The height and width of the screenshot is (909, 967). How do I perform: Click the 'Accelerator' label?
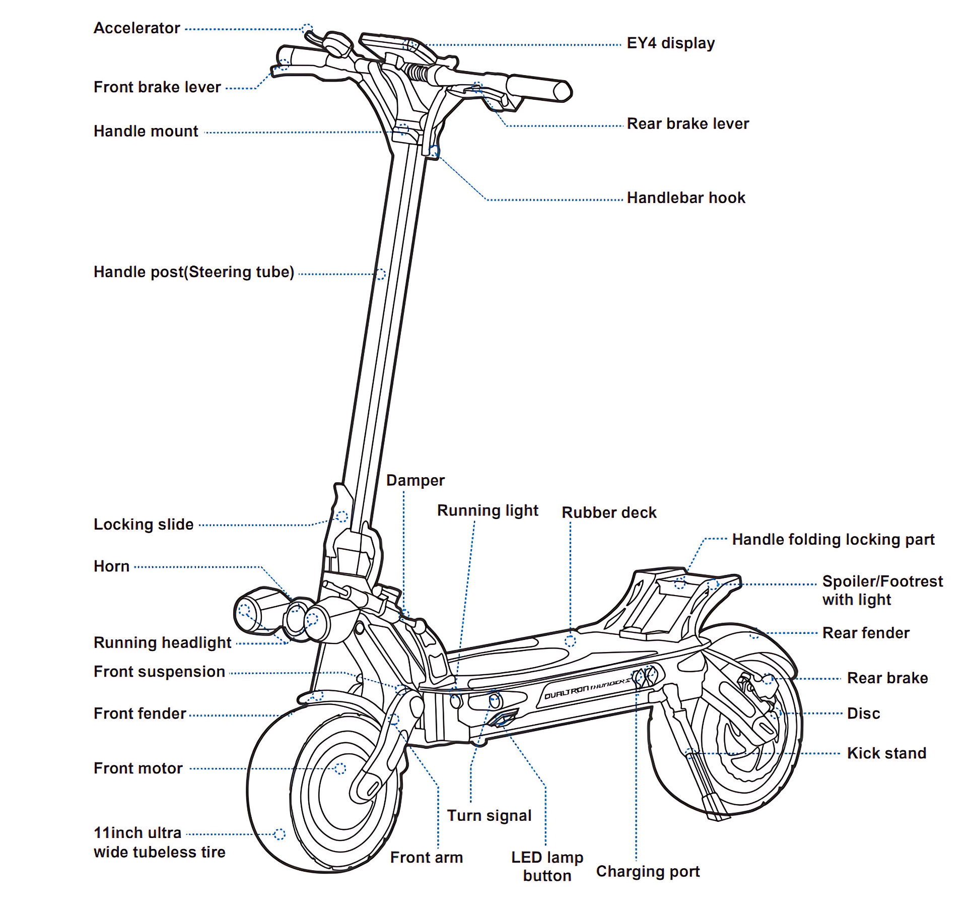(x=136, y=28)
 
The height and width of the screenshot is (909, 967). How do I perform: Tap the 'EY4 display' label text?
(x=670, y=43)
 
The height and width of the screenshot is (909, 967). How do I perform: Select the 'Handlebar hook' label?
(x=685, y=198)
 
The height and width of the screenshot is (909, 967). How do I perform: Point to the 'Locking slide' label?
(x=144, y=524)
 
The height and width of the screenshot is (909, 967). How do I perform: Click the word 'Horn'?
(x=112, y=566)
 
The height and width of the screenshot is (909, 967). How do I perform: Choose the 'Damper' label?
(x=415, y=480)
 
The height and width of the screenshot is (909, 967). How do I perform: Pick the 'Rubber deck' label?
(x=609, y=512)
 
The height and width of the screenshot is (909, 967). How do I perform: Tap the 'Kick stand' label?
(x=886, y=753)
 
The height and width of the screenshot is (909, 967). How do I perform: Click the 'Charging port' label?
(x=648, y=871)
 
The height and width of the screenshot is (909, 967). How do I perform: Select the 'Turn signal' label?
(x=489, y=815)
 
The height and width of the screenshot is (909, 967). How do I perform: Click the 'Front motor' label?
(x=138, y=768)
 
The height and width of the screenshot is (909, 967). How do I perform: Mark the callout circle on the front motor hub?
(x=340, y=768)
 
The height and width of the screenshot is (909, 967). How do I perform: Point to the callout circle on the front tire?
(x=280, y=834)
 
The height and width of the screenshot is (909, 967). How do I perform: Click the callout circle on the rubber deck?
(x=570, y=641)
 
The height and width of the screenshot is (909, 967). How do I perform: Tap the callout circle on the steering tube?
(x=381, y=274)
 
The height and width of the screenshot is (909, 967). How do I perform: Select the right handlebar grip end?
(x=563, y=91)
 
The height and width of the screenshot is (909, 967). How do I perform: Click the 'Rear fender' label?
(x=866, y=633)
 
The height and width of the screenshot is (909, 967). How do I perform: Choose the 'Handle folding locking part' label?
(x=833, y=539)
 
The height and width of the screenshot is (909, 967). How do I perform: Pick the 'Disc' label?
(x=863, y=713)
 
